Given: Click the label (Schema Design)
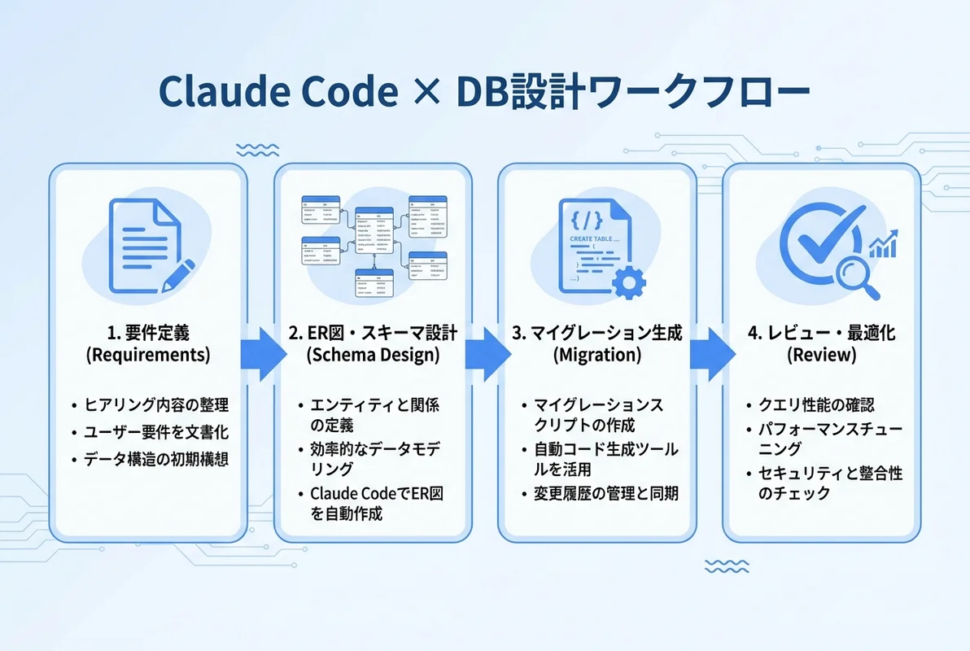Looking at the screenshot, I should [373, 355].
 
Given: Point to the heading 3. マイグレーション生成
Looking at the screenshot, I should [597, 334].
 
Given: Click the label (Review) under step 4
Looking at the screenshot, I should [822, 355].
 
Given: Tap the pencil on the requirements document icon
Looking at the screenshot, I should [177, 274].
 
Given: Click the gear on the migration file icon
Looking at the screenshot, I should [627, 282].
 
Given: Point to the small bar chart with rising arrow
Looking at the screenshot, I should [885, 243].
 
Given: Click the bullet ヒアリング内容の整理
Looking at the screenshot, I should [154, 404].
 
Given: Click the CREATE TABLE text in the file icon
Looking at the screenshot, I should [595, 238].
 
